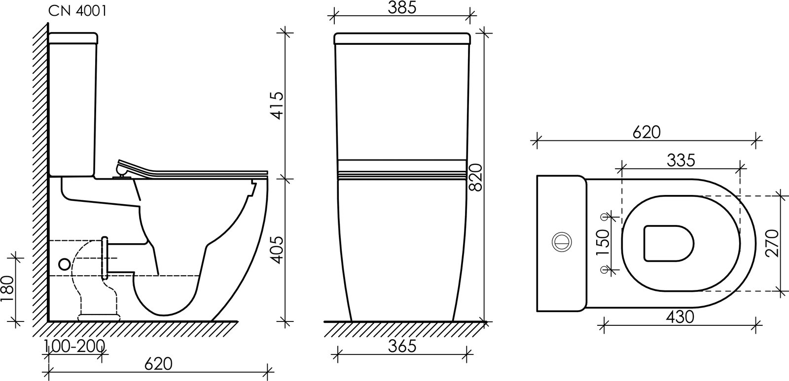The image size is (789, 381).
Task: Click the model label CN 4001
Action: pyautogui.click(x=77, y=11)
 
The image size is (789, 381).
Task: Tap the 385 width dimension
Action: pyautogui.click(x=402, y=8)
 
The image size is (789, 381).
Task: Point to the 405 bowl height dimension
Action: pyautogui.click(x=278, y=250)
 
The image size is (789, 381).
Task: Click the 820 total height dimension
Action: pyautogui.click(x=476, y=178)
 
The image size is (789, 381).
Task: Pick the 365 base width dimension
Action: pyautogui.click(x=402, y=347)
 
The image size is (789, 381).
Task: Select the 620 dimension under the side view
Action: pyautogui.click(x=158, y=364)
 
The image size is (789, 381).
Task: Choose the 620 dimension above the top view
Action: pyautogui.click(x=646, y=132)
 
